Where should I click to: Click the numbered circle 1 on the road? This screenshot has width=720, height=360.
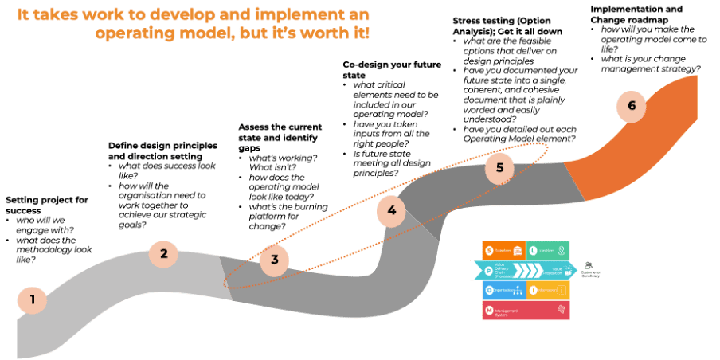click(x=33, y=300)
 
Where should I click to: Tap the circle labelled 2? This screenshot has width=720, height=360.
click(x=163, y=254)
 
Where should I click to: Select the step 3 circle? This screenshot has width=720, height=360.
click(x=274, y=259)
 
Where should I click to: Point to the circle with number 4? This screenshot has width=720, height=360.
click(x=391, y=210)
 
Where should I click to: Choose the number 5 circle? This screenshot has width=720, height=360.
click(x=499, y=168)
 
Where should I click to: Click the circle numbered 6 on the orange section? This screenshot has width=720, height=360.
click(x=632, y=107)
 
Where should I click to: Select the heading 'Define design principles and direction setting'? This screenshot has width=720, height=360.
click(x=162, y=151)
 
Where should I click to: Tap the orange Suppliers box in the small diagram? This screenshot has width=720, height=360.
click(x=503, y=250)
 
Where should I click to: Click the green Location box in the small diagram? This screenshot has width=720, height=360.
click(x=548, y=250)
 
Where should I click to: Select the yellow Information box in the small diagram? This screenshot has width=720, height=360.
click(x=548, y=290)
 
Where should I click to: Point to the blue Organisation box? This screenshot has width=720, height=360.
click(x=503, y=290)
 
